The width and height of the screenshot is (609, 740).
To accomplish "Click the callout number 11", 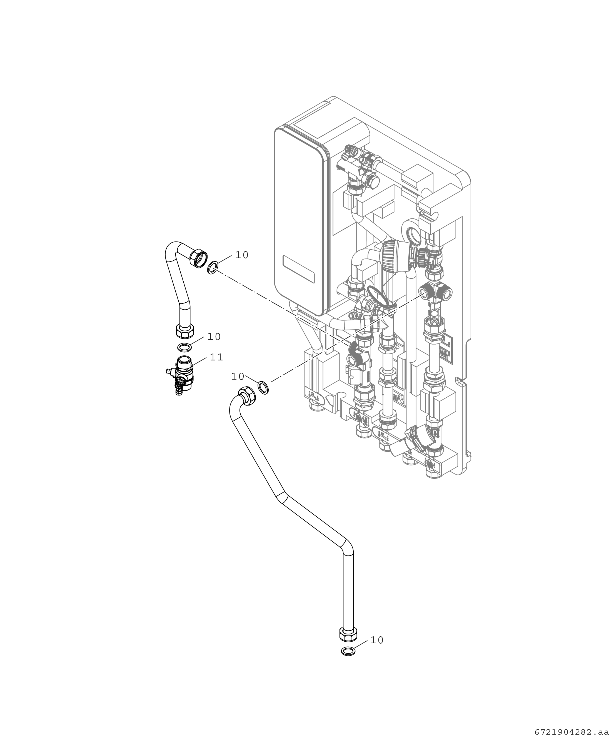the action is point(216,357).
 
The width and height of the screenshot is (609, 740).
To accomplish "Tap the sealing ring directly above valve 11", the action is point(184,347).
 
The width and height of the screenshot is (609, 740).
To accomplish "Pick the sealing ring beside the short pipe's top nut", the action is point(213,267).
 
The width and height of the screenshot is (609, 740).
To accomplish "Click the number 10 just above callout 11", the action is point(214,337).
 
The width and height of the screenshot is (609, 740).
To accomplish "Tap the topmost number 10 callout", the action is point(242,255).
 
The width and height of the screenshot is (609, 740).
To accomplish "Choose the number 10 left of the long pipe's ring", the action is point(238,377).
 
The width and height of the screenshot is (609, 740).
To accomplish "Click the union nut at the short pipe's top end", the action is point(198,258).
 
